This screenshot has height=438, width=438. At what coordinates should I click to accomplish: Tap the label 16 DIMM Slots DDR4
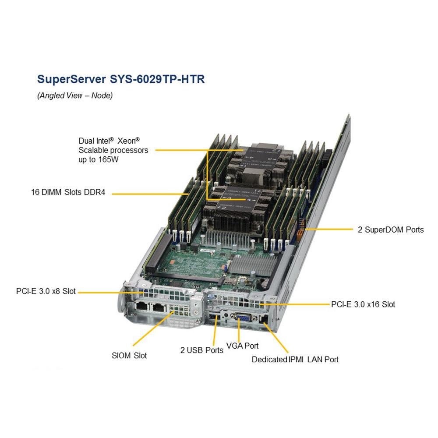point(68,192)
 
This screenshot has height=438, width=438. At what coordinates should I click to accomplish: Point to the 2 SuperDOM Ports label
point(391,229)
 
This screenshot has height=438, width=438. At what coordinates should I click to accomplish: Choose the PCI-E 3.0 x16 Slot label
point(363,304)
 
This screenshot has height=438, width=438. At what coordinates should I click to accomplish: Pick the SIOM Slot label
point(129,355)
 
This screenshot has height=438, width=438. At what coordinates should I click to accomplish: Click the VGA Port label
point(242,346)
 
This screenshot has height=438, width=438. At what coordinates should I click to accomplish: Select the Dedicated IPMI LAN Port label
point(295,360)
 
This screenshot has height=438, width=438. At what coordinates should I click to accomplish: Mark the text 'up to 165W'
point(99,159)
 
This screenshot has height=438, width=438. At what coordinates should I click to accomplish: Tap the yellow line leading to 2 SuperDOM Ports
point(328,229)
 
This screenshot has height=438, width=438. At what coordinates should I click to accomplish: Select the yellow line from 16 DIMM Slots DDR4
point(149,193)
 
